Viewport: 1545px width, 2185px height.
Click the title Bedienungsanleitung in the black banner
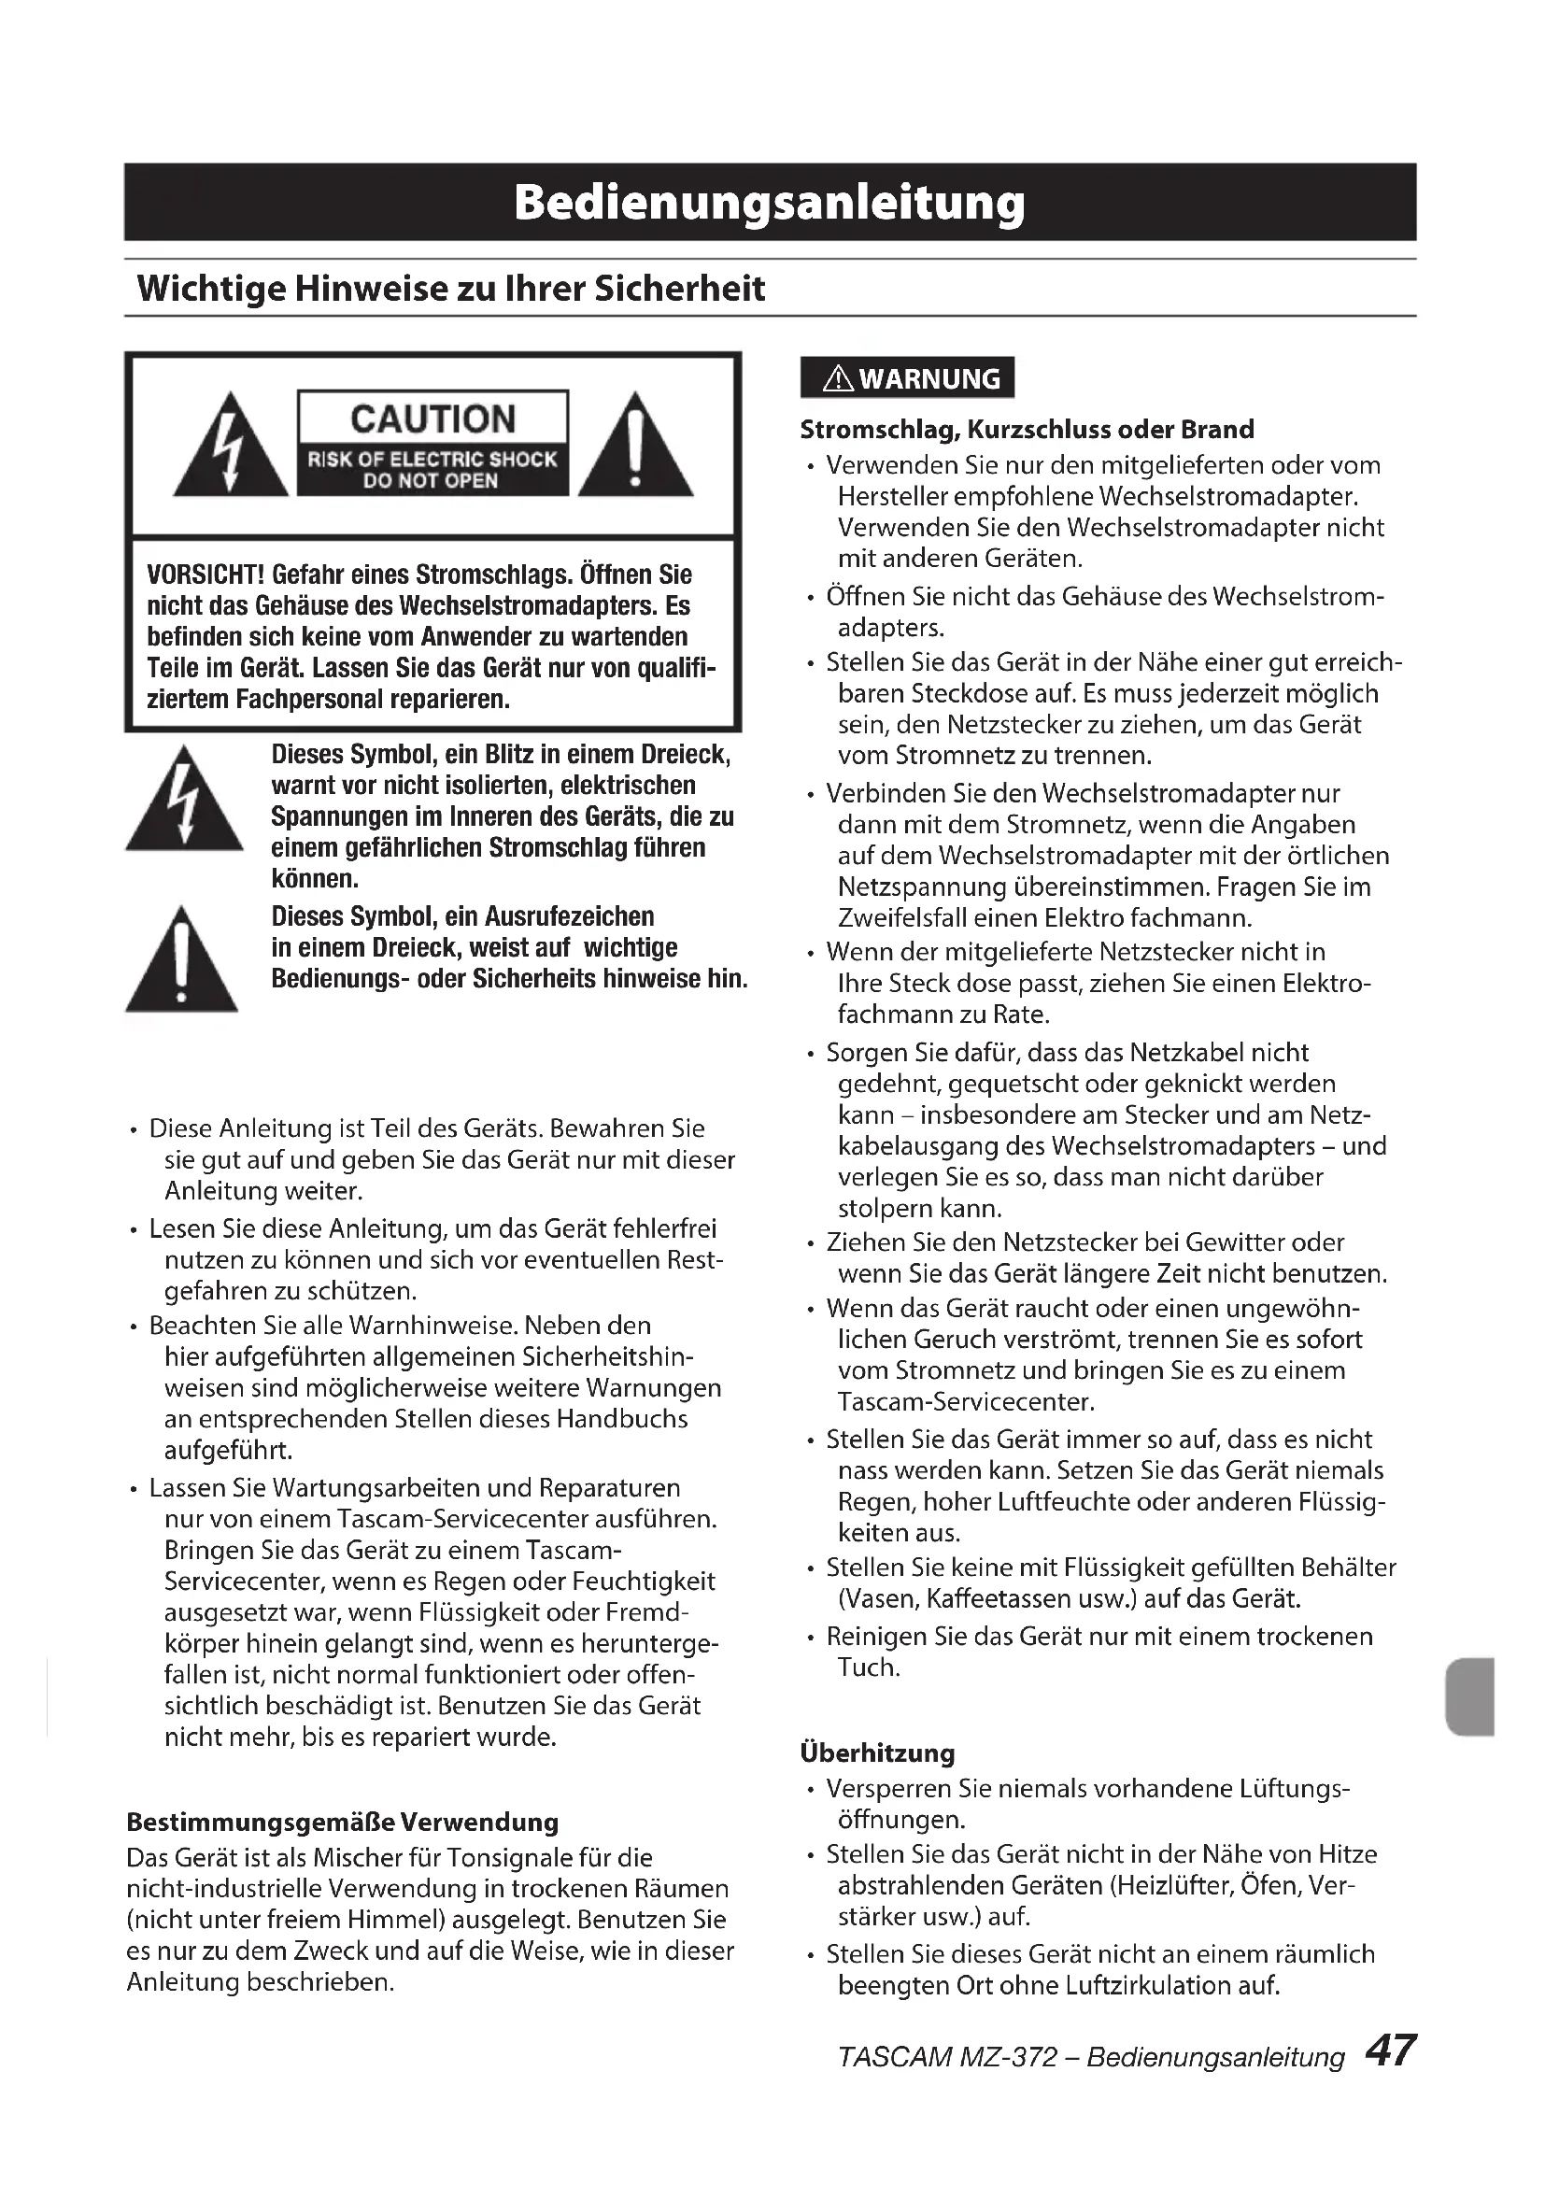click(770, 202)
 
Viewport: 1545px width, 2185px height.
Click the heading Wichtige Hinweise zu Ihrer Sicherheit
click(451, 289)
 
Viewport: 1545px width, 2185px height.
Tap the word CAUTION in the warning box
click(432, 419)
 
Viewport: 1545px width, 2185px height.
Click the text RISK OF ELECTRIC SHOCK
click(432, 459)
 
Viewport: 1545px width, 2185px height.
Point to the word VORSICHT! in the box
click(206, 575)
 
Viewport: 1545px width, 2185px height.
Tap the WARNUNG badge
click(908, 378)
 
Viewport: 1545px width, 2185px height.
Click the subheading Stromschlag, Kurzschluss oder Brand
click(1027, 429)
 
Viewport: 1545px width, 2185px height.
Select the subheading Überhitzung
click(877, 1752)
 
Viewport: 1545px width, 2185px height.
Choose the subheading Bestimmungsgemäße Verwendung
click(343, 1823)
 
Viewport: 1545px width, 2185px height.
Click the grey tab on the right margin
click(1469, 1696)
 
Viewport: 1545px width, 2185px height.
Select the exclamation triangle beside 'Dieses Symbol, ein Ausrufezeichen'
click(183, 961)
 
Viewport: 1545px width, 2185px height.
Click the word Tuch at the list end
click(868, 1667)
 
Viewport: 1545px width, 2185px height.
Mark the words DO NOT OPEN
click(430, 481)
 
